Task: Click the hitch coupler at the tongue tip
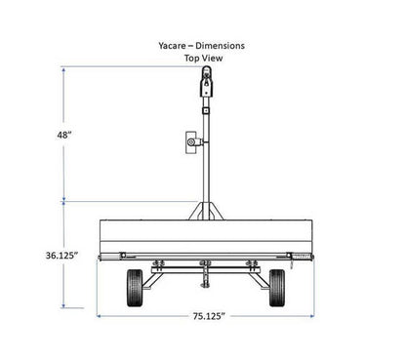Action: click(x=205, y=83)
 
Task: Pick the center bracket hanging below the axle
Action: click(x=205, y=277)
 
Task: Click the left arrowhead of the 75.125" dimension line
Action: click(x=100, y=316)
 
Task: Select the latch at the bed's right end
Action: click(x=294, y=257)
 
